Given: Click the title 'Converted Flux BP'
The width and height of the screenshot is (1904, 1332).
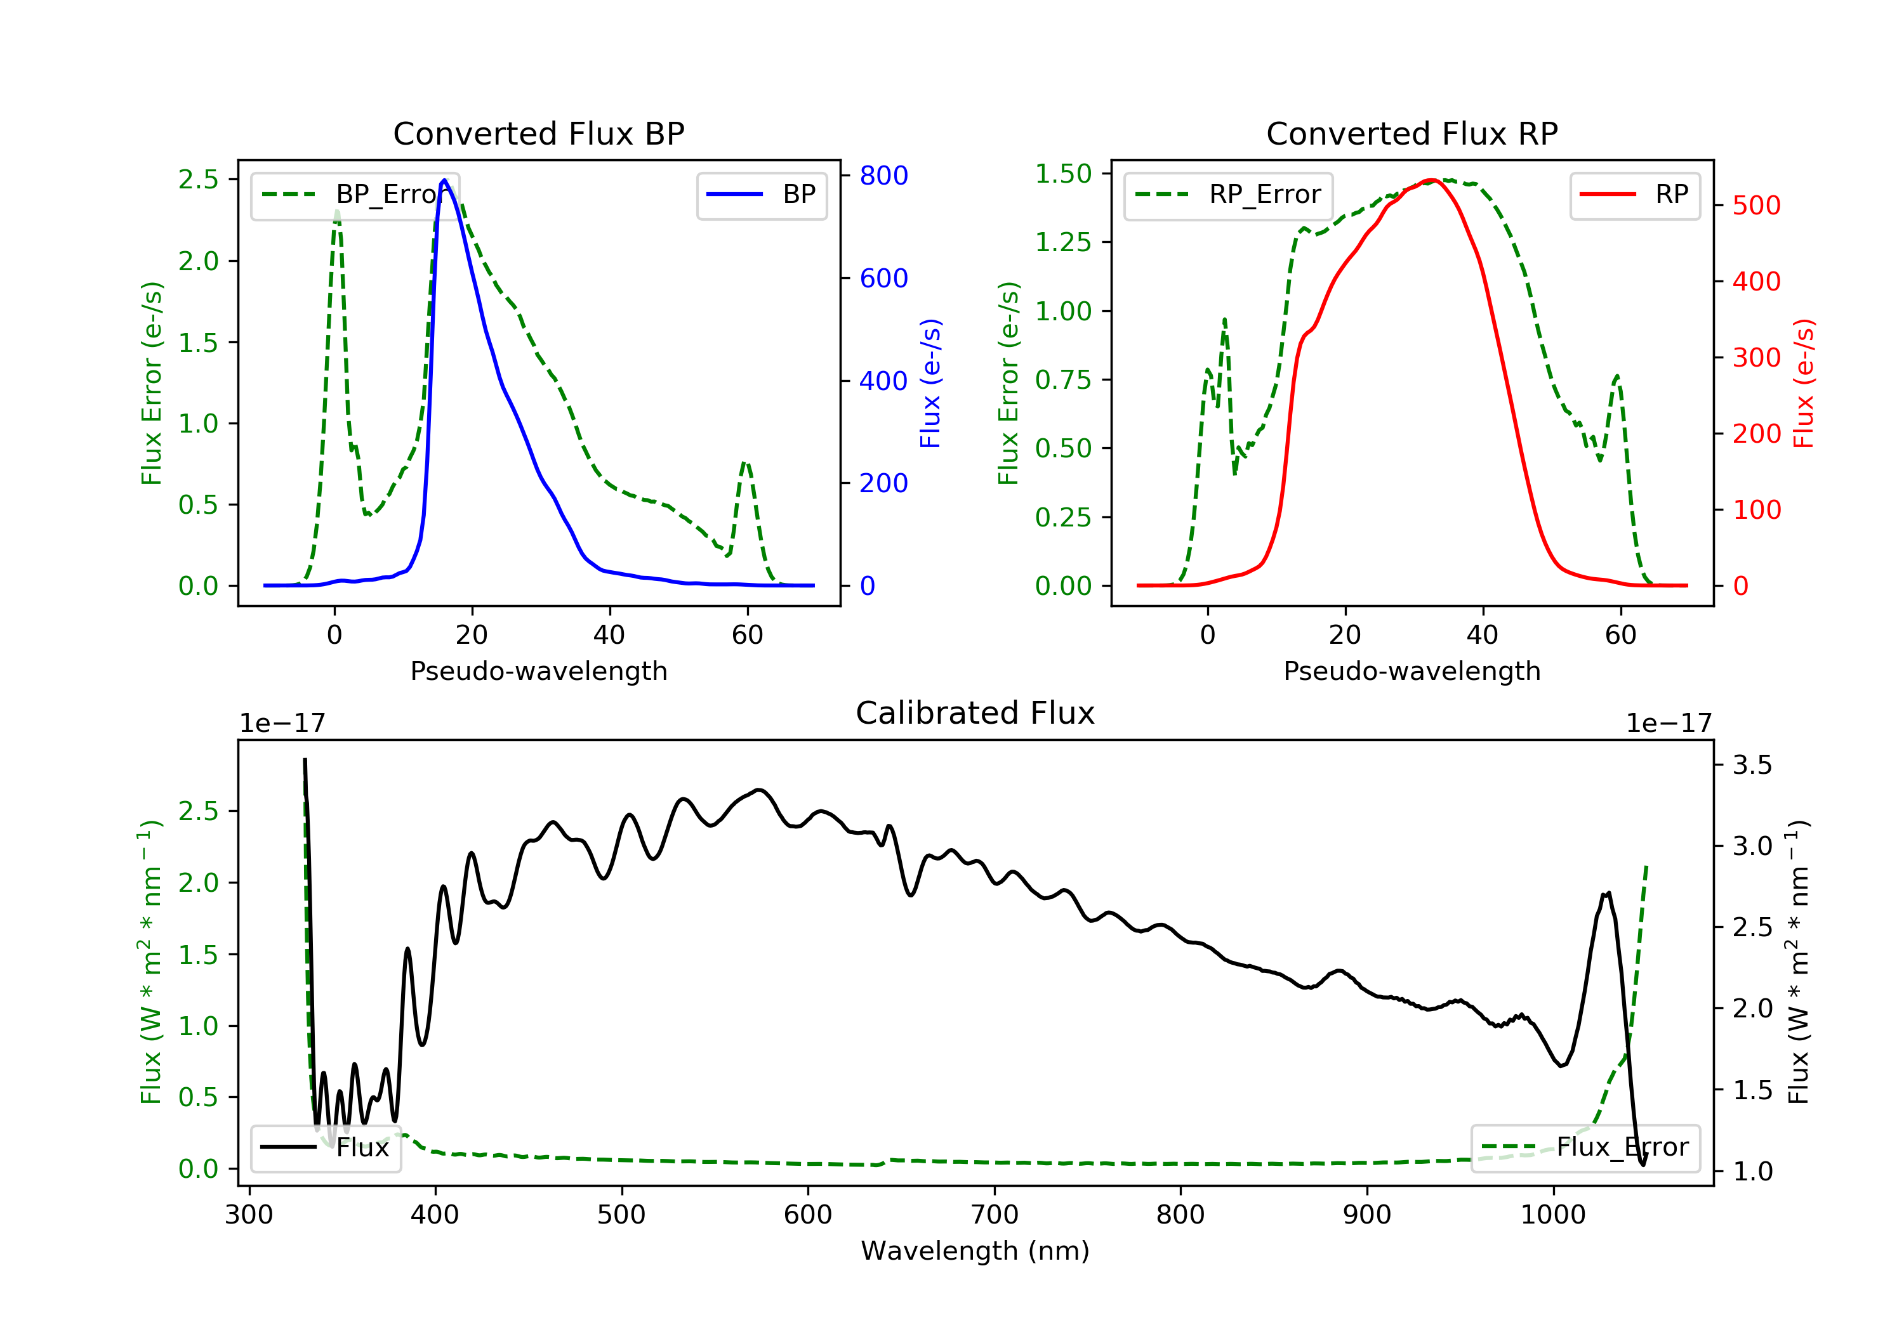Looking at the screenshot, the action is [x=538, y=133].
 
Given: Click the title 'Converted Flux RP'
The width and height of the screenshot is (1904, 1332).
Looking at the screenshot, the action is [x=1411, y=133].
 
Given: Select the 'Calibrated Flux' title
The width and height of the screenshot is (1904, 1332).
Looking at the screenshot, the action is [x=975, y=713].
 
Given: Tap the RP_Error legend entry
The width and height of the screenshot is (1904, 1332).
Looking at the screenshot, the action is [x=1227, y=195].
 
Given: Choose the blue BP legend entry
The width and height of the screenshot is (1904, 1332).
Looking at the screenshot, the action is [x=761, y=195].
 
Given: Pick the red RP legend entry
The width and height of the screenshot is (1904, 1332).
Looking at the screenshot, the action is [x=1634, y=195].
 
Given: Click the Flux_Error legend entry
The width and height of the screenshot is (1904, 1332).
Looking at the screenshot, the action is [x=1585, y=1147].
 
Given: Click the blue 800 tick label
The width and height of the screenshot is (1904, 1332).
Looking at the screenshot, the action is [x=883, y=176].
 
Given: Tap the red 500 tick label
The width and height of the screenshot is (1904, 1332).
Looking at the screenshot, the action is [x=1756, y=206].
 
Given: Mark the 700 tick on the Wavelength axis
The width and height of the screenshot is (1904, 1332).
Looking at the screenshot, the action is [x=995, y=1215].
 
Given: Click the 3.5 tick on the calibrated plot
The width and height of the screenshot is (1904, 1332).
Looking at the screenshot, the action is [x=1752, y=764].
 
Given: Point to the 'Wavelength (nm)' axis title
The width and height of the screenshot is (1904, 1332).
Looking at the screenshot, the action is [x=975, y=1251].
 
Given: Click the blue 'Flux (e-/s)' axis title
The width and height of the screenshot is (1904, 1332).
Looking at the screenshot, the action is [x=930, y=383].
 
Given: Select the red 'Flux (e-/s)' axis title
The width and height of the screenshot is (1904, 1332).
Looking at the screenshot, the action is [x=1804, y=383].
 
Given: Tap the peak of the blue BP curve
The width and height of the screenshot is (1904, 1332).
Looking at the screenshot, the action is [x=444, y=180].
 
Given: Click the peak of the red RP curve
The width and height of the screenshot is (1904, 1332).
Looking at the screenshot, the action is [x=1432, y=180].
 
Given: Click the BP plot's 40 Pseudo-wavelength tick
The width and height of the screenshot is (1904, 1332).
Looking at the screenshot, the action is [x=609, y=635].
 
